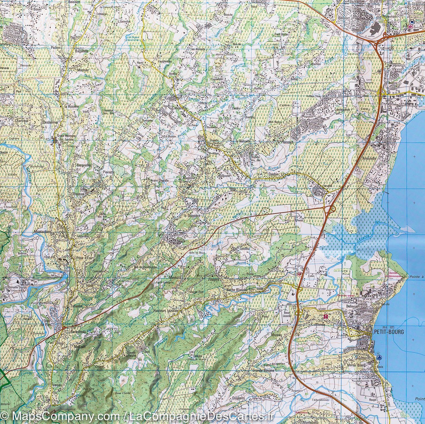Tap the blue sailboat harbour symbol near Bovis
(379, 356)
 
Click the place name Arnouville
(369, 159)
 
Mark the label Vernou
(58, 385)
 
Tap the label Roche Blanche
(237, 290)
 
